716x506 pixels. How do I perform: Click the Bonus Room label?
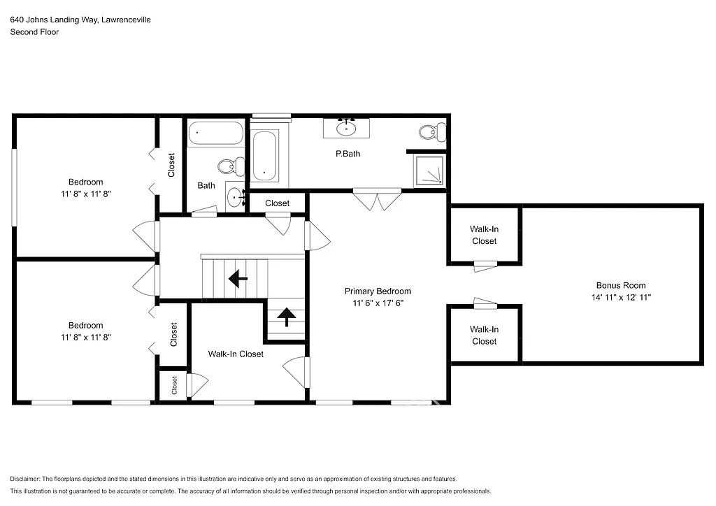coord(620,285)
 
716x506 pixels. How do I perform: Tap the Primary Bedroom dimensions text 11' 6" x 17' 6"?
coord(378,303)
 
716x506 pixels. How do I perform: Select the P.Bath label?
coord(348,154)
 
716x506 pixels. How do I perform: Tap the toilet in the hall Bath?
coord(230,166)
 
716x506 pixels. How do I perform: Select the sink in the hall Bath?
coord(235,196)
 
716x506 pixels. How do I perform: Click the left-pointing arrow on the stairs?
coord(238,279)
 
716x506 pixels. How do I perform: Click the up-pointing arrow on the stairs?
coord(286,318)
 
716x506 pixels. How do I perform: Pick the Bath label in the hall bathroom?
coord(206,185)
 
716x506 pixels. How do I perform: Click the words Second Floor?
coord(34,31)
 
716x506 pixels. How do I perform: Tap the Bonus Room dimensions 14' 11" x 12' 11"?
coord(620,297)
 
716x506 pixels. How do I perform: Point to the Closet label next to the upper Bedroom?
coord(171,165)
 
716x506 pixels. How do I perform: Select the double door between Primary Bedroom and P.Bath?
coord(376,200)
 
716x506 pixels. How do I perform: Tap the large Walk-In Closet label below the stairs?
coord(236,354)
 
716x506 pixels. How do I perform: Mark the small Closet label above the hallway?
coord(277,203)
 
